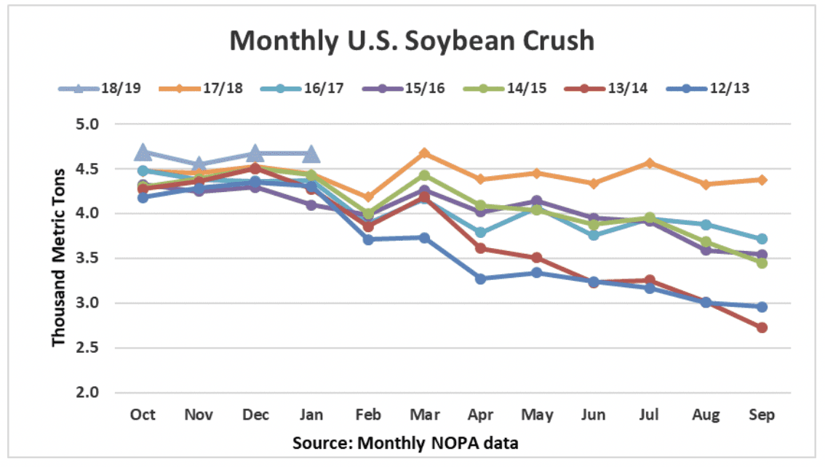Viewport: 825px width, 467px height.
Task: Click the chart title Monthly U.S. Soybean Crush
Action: click(412, 41)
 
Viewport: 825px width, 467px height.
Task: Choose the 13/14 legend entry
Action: click(629, 89)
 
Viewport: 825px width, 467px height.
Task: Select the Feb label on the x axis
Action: click(369, 415)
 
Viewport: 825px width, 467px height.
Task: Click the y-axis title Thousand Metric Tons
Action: click(59, 258)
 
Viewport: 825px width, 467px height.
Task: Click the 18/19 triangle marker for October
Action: click(143, 152)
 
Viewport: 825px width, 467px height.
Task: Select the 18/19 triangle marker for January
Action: click(311, 154)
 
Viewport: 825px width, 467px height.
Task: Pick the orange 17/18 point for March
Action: click(425, 153)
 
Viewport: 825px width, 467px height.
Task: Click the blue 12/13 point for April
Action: click(481, 279)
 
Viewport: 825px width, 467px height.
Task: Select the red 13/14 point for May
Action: click(537, 258)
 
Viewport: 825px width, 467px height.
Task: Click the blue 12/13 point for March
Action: click(425, 238)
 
